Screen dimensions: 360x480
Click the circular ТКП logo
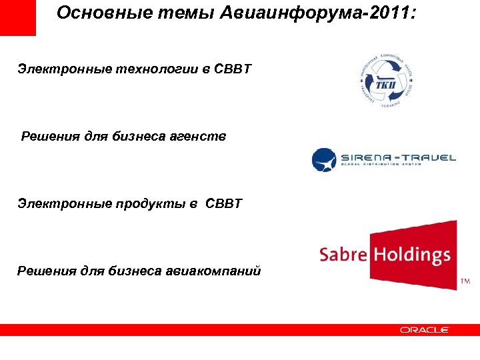(383, 79)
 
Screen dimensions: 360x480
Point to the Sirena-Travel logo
(384, 159)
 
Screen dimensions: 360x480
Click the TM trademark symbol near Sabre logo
(465, 283)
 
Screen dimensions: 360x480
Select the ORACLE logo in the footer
(425, 329)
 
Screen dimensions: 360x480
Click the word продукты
(142, 203)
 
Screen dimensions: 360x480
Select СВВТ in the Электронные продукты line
(225, 203)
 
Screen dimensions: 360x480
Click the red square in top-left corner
(17, 17)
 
